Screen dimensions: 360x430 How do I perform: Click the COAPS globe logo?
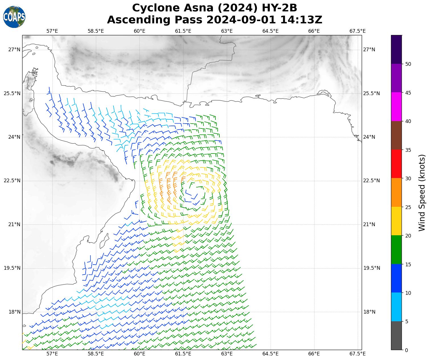coord(14,17)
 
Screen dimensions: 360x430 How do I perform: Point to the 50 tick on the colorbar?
coord(408,64)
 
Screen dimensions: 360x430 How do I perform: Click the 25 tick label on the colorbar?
coord(408,207)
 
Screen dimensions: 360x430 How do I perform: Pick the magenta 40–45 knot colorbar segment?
coord(396,107)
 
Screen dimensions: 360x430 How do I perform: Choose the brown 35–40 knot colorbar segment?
coord(396,136)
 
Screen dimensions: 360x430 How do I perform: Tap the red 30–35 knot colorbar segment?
coord(396,164)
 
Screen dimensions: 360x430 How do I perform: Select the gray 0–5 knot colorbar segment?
coord(396,336)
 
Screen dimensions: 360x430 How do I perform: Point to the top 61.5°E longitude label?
coord(183,31)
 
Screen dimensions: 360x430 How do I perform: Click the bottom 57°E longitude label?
coord(52,354)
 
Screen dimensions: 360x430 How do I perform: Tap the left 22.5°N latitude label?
coord(12,181)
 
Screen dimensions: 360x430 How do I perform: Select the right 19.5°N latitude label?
coord(369,268)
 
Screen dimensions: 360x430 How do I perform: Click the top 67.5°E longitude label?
coord(357,31)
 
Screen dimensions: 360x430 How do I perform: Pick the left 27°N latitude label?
coord(14,50)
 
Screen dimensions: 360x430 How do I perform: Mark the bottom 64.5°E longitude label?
coord(270,354)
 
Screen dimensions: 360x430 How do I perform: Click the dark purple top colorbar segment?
coord(396,50)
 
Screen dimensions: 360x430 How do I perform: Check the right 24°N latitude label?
coord(369,137)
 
